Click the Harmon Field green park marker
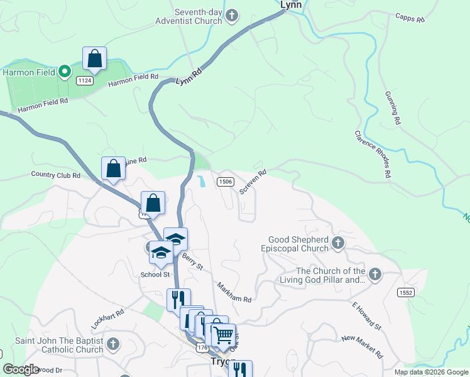pyautogui.click(x=64, y=72)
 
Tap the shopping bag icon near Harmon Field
pyautogui.click(x=94, y=59)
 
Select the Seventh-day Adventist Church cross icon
pyautogui.click(x=232, y=15)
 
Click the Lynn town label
pyautogui.click(x=291, y=4)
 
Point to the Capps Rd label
pyautogui.click(x=410, y=18)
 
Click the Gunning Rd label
pyautogui.click(x=393, y=107)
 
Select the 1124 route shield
pyautogui.click(x=85, y=80)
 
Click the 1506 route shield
pyautogui.click(x=226, y=182)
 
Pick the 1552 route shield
pyautogui.click(x=406, y=292)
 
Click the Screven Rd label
pyautogui.click(x=253, y=181)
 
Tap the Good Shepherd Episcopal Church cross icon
pyautogui.click(x=338, y=243)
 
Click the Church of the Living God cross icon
pyautogui.click(x=375, y=274)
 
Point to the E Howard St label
pyautogui.click(x=366, y=315)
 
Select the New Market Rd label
pyautogui.click(x=363, y=347)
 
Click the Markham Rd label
pyautogui.click(x=234, y=291)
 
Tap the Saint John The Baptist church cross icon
pyautogui.click(x=112, y=344)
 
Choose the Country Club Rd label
pyautogui.click(x=55, y=175)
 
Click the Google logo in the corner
pyautogui.click(x=21, y=369)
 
